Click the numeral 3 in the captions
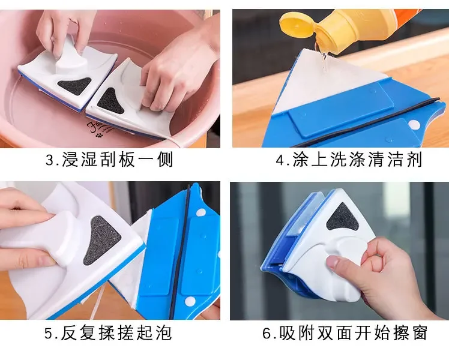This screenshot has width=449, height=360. click(50, 160)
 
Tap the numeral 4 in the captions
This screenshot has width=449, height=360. click(280, 160)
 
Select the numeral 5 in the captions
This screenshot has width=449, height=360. click(49, 333)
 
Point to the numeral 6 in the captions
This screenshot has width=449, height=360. click(267, 333)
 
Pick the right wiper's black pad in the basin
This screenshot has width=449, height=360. click(110, 101)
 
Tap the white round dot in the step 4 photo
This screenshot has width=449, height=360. click(414, 124)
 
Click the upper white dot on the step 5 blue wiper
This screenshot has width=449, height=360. click(201, 212)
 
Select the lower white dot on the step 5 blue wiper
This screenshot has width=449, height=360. click(190, 301)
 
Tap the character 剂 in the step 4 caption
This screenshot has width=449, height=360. click(414, 160)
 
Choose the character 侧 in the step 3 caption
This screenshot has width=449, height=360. click(166, 160)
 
